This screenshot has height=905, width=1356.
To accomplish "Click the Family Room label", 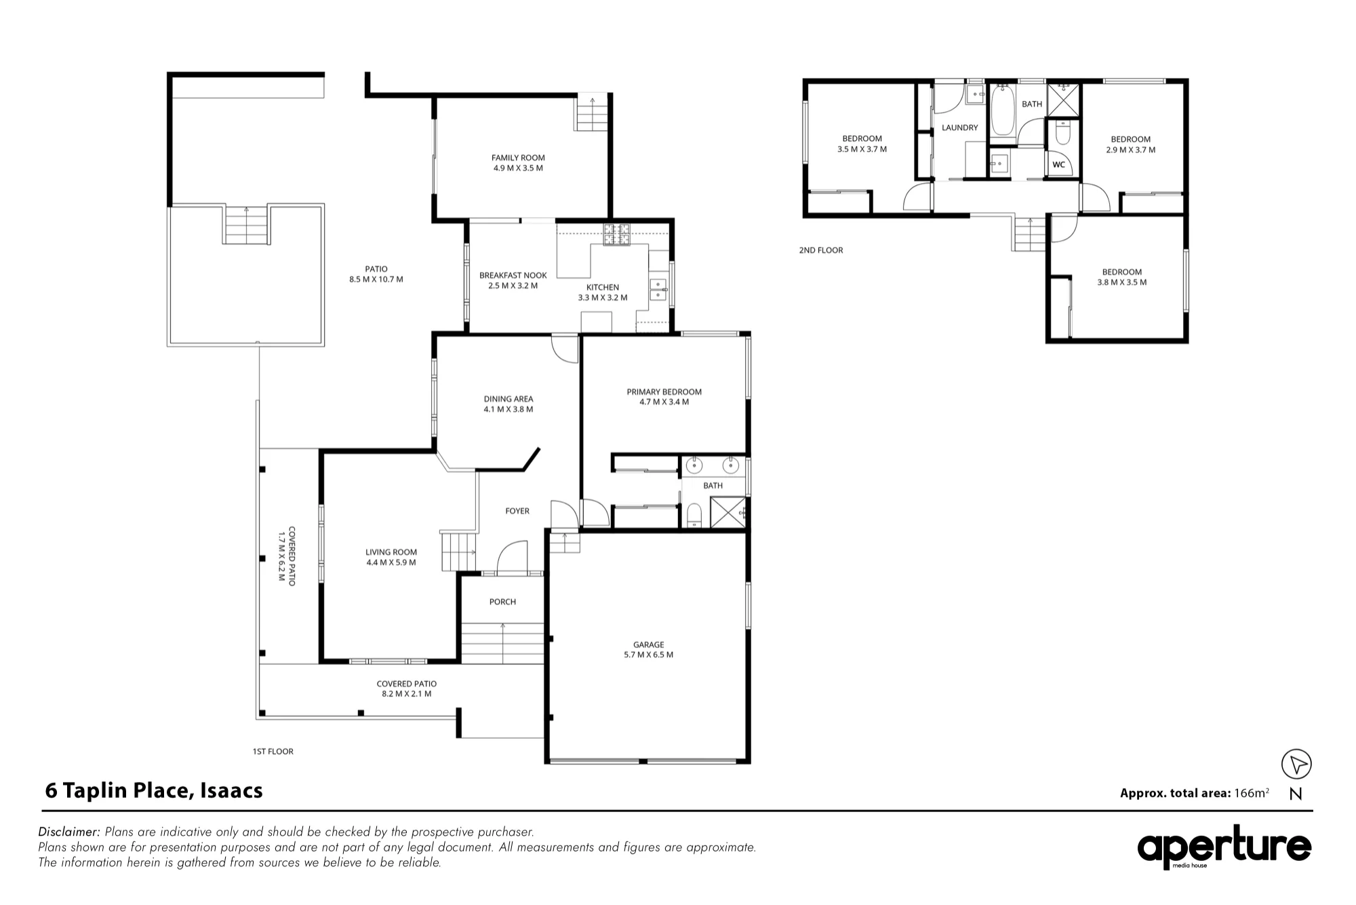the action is click(x=518, y=158).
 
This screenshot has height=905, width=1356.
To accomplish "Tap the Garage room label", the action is click(x=649, y=644).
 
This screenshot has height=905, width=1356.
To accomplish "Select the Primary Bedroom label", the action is click(x=664, y=391).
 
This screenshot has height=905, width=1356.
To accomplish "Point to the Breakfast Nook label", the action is click(x=513, y=275).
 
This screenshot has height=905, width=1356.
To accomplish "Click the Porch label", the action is click(x=502, y=602).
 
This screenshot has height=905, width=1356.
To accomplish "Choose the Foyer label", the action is click(x=517, y=511).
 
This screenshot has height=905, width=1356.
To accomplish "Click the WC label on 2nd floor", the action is click(x=1058, y=164).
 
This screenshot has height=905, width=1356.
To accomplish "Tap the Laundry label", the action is click(x=959, y=128).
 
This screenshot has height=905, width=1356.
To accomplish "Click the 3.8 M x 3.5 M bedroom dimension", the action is click(x=1122, y=282).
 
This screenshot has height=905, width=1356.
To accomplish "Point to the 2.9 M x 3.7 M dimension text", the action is click(x=1131, y=150).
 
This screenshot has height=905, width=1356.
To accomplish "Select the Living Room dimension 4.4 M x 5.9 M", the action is click(x=391, y=562).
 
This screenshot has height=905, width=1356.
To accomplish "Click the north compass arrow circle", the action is click(x=1296, y=764).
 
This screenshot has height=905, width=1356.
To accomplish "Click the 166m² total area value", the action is click(x=1252, y=792).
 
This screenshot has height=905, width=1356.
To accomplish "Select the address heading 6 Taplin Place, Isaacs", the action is click(x=154, y=791).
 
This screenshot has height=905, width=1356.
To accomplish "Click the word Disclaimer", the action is click(x=69, y=832).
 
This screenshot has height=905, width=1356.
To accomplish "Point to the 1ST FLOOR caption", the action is click(x=273, y=752).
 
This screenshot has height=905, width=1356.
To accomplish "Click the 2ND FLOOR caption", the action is click(x=821, y=250).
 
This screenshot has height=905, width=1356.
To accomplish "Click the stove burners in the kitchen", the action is click(x=618, y=234).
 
